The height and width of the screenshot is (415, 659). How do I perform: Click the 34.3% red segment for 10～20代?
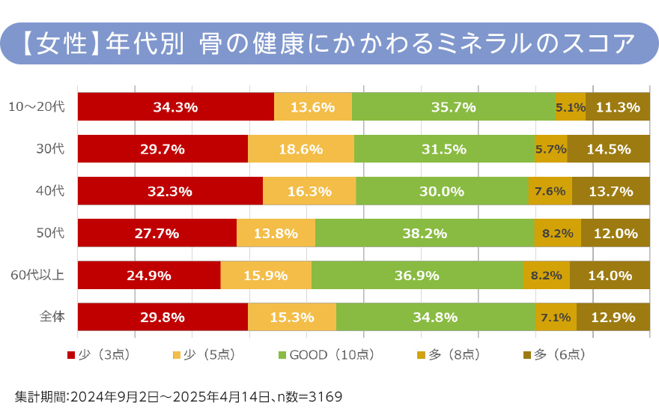[x=175, y=107]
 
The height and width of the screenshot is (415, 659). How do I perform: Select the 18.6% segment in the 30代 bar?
[x=300, y=149]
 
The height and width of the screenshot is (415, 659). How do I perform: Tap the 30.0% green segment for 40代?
[x=442, y=191]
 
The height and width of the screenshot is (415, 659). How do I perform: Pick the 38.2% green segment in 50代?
[x=425, y=233]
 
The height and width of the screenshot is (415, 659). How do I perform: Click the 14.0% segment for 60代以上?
[x=610, y=275]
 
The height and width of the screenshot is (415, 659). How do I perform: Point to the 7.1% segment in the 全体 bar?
[x=556, y=317]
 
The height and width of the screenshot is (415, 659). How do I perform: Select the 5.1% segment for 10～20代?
[x=570, y=107]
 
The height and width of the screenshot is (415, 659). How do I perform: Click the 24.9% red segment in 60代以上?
[x=149, y=275]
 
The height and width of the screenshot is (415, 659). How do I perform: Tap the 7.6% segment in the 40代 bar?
[x=550, y=191]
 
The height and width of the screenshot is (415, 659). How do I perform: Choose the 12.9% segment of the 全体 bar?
[x=613, y=317]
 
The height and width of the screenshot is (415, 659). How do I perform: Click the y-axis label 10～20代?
[x=37, y=107]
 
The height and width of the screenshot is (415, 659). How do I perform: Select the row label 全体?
[x=52, y=317]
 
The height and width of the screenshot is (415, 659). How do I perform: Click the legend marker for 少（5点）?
[x=177, y=355]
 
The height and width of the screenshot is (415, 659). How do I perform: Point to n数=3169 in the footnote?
[x=308, y=396]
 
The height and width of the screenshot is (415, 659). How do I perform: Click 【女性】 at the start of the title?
[x=58, y=43]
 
